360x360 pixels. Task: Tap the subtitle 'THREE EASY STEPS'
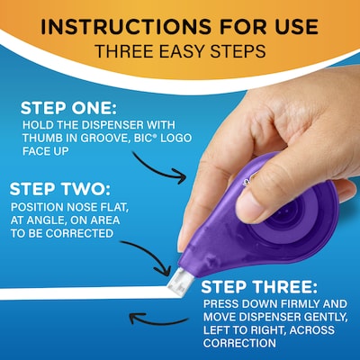[x=179, y=50]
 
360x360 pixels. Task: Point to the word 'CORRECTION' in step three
[x=239, y=344]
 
